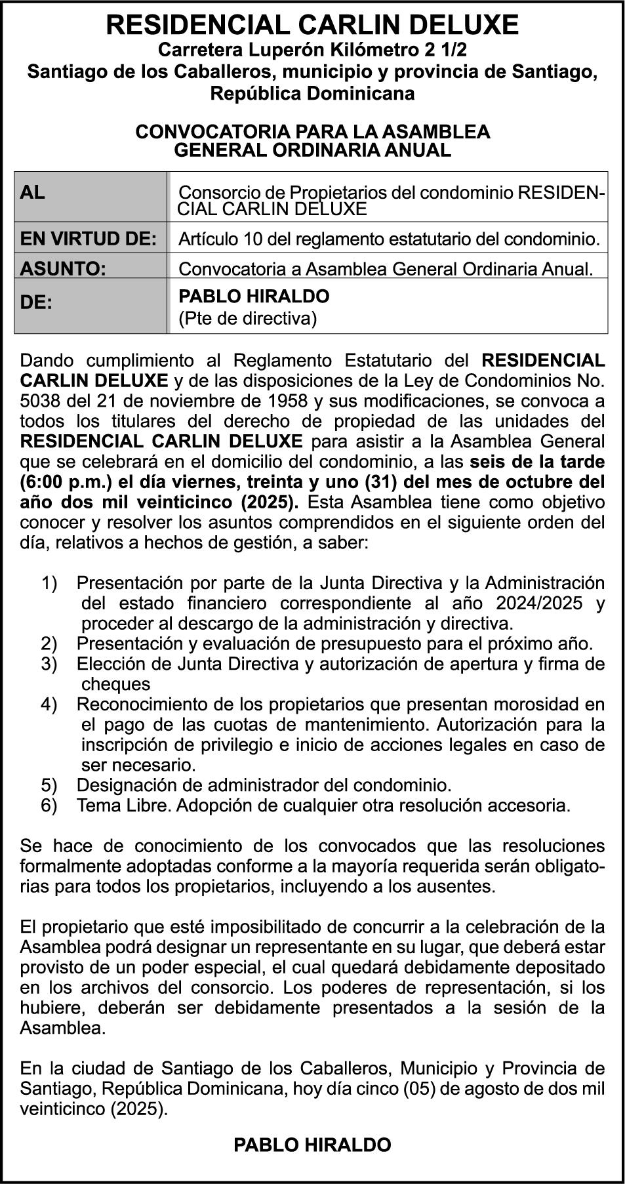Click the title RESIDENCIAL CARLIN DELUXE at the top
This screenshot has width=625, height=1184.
pyautogui.click(x=312, y=25)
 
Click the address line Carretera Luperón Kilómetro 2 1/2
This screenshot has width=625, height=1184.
pyautogui.click(x=312, y=50)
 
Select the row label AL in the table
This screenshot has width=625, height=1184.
pyautogui.click(x=33, y=192)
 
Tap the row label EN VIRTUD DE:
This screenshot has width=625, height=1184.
pyautogui.click(x=89, y=239)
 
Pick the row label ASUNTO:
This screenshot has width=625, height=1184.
pyautogui.click(x=63, y=268)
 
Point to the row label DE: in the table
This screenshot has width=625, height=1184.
pyautogui.click(x=36, y=303)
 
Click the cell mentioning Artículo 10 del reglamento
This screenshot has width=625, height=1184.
pyautogui.click(x=388, y=239)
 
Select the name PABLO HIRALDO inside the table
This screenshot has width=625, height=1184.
pyautogui.click(x=254, y=296)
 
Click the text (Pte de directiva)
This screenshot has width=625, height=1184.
pyautogui.click(x=247, y=319)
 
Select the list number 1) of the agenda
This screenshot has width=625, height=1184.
pyautogui.click(x=49, y=582)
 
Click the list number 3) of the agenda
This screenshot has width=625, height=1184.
pyautogui.click(x=49, y=664)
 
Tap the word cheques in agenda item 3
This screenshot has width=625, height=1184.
pyautogui.click(x=115, y=684)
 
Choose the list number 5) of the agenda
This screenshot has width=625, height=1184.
pyautogui.click(x=49, y=785)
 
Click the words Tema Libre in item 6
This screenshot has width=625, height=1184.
pyautogui.click(x=123, y=806)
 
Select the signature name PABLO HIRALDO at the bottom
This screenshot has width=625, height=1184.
pyautogui.click(x=312, y=1145)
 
